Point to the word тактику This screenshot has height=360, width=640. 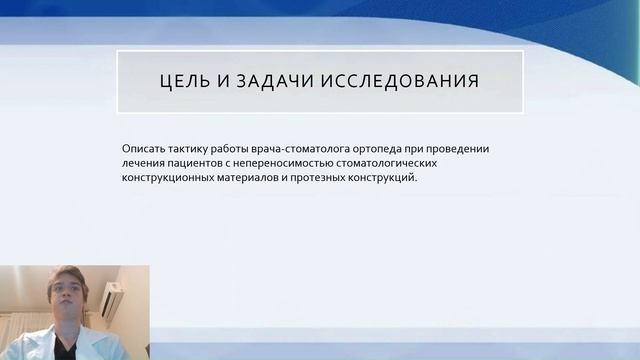193,147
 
